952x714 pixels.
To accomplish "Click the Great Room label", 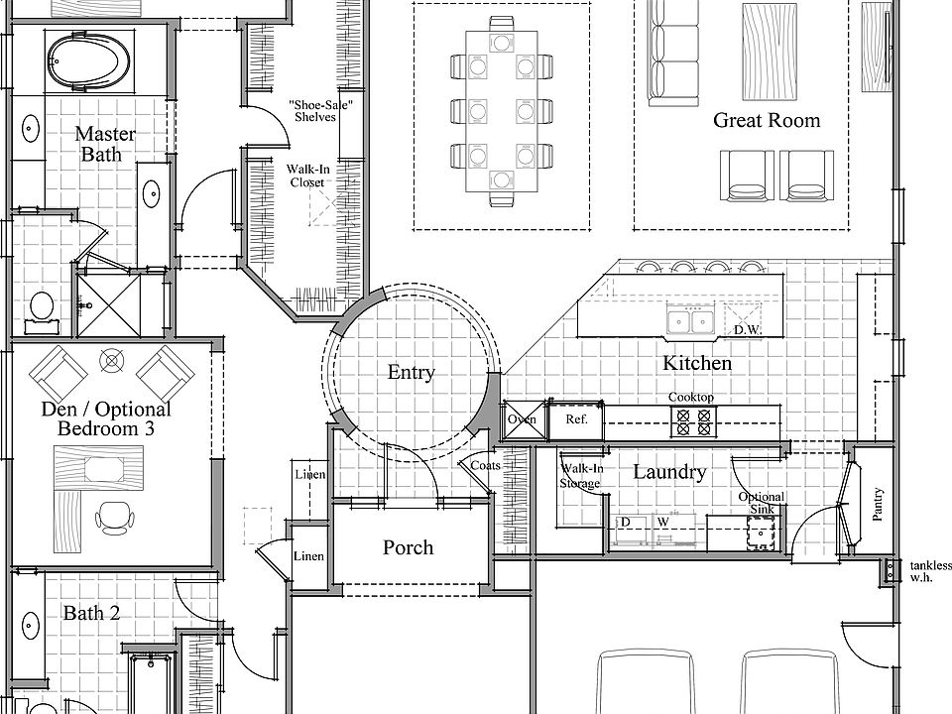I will pyautogui.click(x=767, y=121).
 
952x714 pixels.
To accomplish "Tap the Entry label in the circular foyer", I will pyautogui.click(x=411, y=373).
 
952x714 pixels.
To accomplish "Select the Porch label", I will pyautogui.click(x=408, y=547).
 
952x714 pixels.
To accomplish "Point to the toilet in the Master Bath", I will pyautogui.click(x=42, y=307).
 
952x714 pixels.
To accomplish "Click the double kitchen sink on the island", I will pyautogui.click(x=691, y=320).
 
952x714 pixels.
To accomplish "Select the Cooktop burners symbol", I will pyautogui.click(x=691, y=422).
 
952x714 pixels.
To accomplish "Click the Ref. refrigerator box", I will pyautogui.click(x=576, y=419).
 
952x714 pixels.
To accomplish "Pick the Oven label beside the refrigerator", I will pyautogui.click(x=522, y=419).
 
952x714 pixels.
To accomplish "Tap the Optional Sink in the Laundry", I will pyautogui.click(x=761, y=532).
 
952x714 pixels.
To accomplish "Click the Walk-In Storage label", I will pyautogui.click(x=580, y=476).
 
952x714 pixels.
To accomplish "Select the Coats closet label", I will pyautogui.click(x=486, y=465).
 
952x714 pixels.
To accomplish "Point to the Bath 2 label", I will pyautogui.click(x=91, y=614).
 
